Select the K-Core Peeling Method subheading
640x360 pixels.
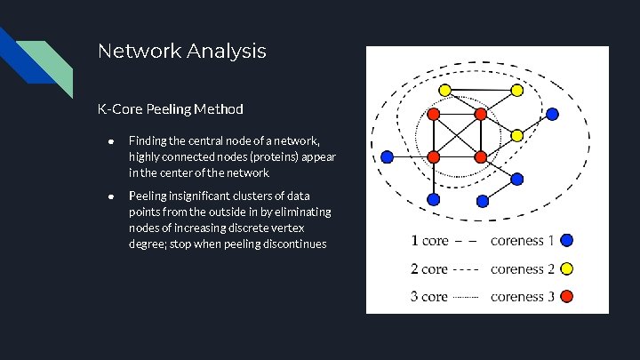tap(170, 109)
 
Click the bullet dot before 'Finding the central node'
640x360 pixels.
tap(110, 140)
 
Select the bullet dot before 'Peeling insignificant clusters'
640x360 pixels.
tap(110, 196)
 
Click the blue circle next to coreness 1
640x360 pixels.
tap(567, 240)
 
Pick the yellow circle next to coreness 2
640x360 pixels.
tap(567, 268)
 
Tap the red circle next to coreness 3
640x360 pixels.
tap(567, 296)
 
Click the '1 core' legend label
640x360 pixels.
tap(429, 240)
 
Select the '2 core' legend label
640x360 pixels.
tap(429, 268)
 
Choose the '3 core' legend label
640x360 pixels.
tap(429, 296)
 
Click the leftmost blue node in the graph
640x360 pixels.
tap(387, 156)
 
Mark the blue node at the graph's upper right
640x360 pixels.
tap(552, 114)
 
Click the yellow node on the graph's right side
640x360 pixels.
tap(516, 136)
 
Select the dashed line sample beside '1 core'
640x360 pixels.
tap(468, 241)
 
